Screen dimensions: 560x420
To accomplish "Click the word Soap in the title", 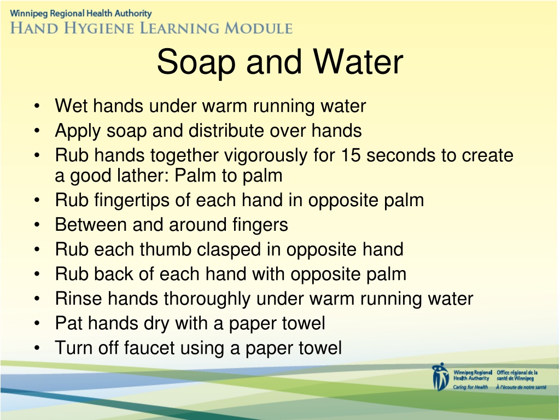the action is click(x=196, y=62).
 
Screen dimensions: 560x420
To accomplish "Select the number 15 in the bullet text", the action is click(x=351, y=155).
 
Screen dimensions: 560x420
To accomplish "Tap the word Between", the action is click(x=91, y=224).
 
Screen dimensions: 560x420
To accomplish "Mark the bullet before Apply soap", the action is click(x=37, y=131).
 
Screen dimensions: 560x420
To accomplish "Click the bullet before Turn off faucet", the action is click(x=37, y=348).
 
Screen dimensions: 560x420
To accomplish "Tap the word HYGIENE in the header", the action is click(x=99, y=28).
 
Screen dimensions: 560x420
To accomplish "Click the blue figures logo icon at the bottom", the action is click(x=440, y=377).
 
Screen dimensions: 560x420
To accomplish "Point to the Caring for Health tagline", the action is click(x=470, y=387).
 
